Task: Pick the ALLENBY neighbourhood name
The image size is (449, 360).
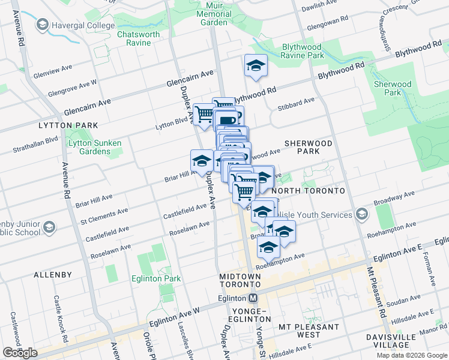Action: [x=53, y=274]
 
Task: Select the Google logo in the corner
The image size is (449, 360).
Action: [x=20, y=353]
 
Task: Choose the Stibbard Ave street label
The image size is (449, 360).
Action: [x=296, y=104]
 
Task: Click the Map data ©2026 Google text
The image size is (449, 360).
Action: [x=412, y=355]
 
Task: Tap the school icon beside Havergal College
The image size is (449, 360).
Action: [x=42, y=25]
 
